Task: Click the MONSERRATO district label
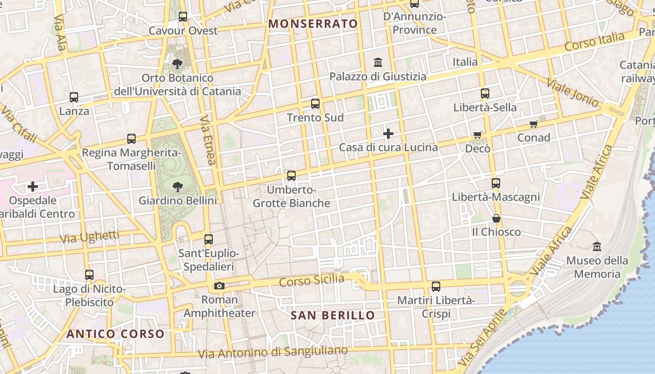coord(313,24)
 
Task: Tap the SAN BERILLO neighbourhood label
coord(333,316)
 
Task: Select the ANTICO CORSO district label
coord(115,334)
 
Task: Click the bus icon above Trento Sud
coord(315,104)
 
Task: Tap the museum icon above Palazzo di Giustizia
coord(378,62)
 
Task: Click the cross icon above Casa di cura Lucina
coord(388,134)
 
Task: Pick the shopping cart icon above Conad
coord(533,124)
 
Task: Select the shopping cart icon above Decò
coord(477,135)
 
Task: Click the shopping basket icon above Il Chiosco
coord(496,218)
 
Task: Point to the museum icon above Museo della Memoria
coord(597,246)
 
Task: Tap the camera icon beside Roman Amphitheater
coord(219,286)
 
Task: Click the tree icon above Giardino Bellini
coord(177,187)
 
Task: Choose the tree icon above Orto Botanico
coord(177,64)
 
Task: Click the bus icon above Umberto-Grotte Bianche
coord(291,176)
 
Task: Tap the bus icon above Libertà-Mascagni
coord(496,183)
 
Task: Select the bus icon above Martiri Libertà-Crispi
coord(436,287)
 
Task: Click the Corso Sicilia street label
coord(312,280)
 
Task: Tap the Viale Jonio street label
coord(572,93)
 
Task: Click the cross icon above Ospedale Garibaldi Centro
coord(33,187)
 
